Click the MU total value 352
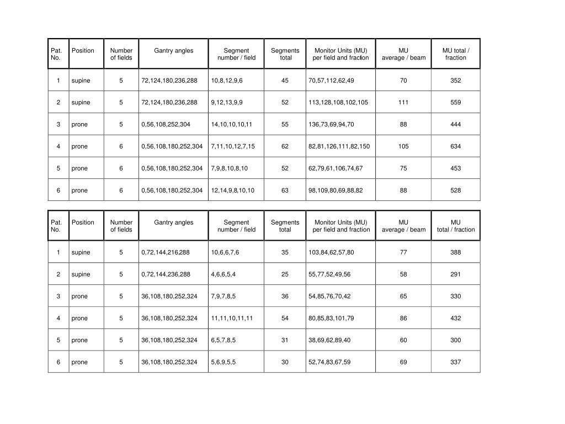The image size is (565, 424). [x=455, y=81]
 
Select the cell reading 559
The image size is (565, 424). [x=455, y=103]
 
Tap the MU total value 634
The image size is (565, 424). [x=455, y=147]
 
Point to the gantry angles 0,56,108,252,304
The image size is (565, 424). [x=166, y=125]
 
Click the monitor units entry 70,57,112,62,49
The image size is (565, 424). [x=331, y=81]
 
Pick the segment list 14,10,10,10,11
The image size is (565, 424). [x=231, y=125]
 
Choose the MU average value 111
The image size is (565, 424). [x=403, y=103]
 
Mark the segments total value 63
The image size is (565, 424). [x=285, y=190]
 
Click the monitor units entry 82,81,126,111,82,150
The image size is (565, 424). [x=339, y=147]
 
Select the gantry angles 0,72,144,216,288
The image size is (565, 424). [x=165, y=252]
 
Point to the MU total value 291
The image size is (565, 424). [x=455, y=274]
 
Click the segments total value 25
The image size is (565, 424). [x=285, y=274]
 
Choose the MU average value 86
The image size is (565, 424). [x=403, y=319]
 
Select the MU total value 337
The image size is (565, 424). [x=455, y=362]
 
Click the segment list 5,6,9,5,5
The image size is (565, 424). [x=223, y=362]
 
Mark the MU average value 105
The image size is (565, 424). [x=403, y=147]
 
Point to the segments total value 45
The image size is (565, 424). [x=285, y=81]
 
